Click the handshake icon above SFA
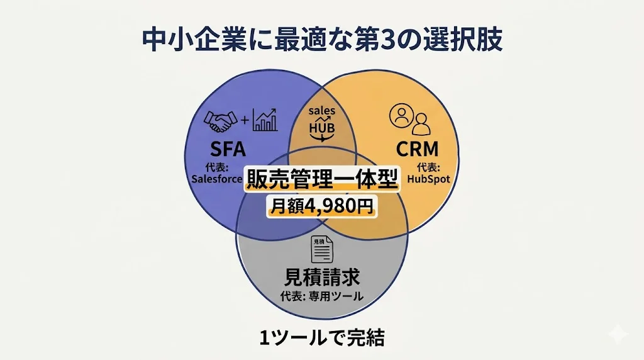pyautogui.click(x=219, y=121)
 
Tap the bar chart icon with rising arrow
pyautogui.click(x=265, y=120)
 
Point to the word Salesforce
pyautogui.click(x=216, y=178)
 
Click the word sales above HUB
pyautogui.click(x=322, y=111)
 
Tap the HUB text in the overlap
pyautogui.click(x=322, y=127)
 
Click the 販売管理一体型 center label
pyautogui.click(x=321, y=181)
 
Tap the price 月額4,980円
pyautogui.click(x=321, y=206)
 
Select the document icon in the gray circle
pyautogui.click(x=322, y=250)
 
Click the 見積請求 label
pyautogui.click(x=322, y=277)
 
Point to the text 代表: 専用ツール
pyautogui.click(x=322, y=296)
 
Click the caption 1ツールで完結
pyautogui.click(x=321, y=337)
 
